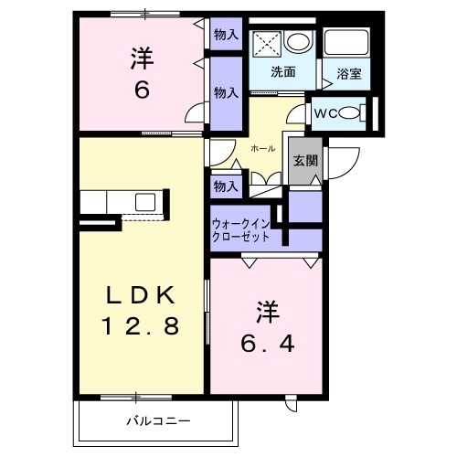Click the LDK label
(x=140, y=294)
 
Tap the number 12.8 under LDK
(x=140, y=324)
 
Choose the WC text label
(x=326, y=112)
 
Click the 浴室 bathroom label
(x=348, y=74)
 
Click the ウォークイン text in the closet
(x=241, y=223)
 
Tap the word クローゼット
(x=241, y=236)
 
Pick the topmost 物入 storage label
(x=226, y=35)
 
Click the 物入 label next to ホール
(x=226, y=186)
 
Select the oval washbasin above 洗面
(x=297, y=41)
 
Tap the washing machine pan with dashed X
(x=263, y=42)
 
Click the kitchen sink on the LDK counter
(x=145, y=201)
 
